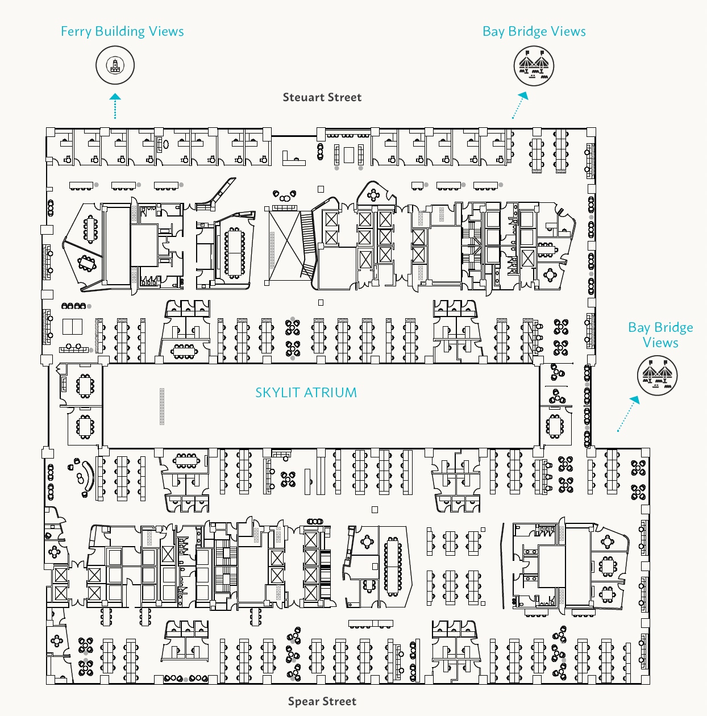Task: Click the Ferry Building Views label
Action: (x=122, y=31)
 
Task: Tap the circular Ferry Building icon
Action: (x=115, y=65)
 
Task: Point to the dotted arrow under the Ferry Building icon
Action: (x=115, y=106)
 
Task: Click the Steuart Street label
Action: (x=322, y=97)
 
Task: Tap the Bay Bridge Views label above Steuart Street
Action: (x=534, y=31)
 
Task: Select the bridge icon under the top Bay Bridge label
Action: (x=533, y=65)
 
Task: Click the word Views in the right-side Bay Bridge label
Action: (x=660, y=343)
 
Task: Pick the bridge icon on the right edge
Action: (x=658, y=376)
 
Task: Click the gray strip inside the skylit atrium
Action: (x=162, y=406)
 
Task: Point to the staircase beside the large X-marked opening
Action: (x=307, y=244)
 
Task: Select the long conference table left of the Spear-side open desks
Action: (x=393, y=565)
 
